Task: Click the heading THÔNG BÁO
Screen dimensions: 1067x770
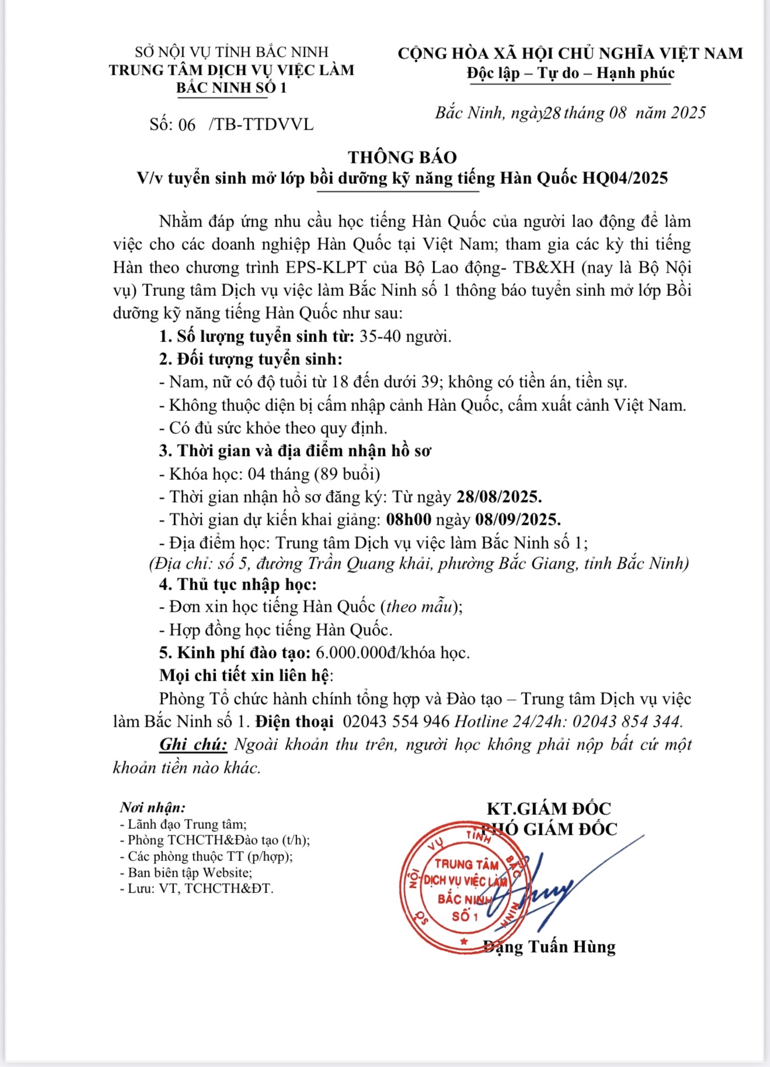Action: [x=402, y=157]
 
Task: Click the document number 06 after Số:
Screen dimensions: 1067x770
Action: [x=187, y=124]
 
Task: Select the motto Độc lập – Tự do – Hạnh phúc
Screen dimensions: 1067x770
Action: [x=570, y=74]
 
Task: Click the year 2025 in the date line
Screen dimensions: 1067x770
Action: [x=688, y=113]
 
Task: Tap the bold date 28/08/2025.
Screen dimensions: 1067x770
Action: [x=499, y=497]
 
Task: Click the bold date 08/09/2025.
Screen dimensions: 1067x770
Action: [x=517, y=519]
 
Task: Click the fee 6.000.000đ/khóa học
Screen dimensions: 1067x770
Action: [x=392, y=653]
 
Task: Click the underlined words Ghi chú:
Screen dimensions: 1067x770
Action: [x=193, y=745]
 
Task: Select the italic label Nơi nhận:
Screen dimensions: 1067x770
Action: [x=152, y=807]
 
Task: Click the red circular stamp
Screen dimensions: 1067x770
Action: [x=461, y=887]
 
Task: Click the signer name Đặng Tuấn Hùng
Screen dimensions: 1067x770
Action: [x=550, y=946]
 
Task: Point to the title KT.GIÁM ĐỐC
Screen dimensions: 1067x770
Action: [x=549, y=808]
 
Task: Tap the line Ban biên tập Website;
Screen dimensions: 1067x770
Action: [x=186, y=873]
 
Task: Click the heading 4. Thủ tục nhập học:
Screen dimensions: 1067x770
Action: [x=238, y=584]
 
